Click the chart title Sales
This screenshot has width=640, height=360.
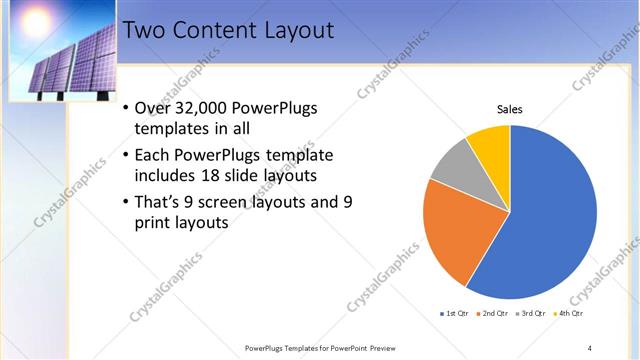click(509, 110)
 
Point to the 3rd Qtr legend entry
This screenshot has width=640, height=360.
click(531, 314)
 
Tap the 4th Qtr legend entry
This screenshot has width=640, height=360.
click(568, 314)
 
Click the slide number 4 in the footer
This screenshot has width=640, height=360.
click(589, 347)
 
